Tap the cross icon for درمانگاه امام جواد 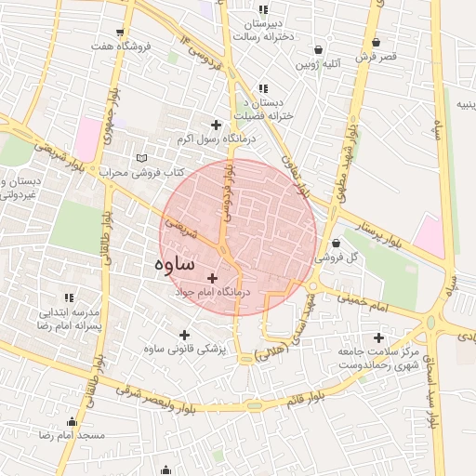213,277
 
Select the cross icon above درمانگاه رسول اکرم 217,125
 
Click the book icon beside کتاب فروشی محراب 141,157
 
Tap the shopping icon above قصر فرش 376,43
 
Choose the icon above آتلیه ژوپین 319,50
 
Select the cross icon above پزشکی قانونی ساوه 184,335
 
